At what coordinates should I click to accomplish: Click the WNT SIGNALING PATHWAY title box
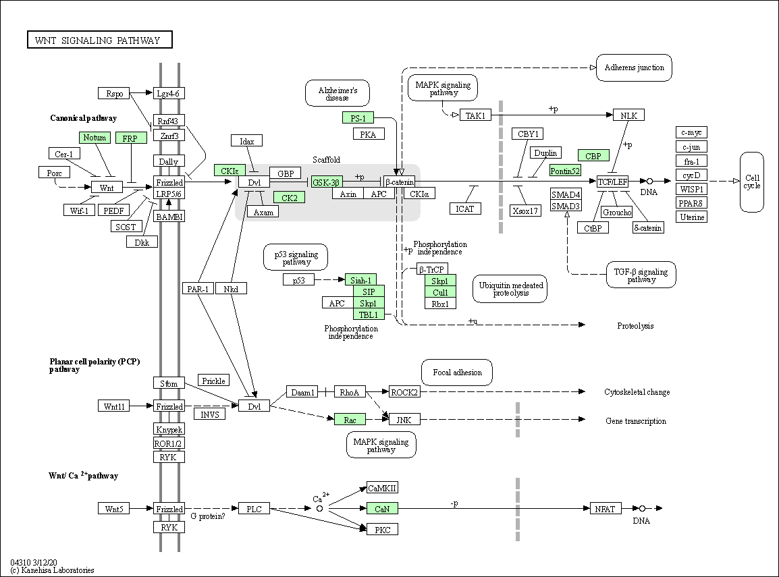click(100, 40)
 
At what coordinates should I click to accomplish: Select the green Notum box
click(95, 138)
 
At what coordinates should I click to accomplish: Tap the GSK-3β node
click(327, 182)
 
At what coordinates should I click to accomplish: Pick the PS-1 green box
click(358, 118)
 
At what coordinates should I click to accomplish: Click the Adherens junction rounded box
click(634, 67)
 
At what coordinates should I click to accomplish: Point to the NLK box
click(628, 115)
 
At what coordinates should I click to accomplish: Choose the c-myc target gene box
click(691, 132)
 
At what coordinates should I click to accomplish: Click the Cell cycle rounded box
click(752, 182)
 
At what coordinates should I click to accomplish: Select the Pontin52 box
click(565, 171)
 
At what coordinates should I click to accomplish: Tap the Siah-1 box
click(360, 280)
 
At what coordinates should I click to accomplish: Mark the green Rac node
click(350, 420)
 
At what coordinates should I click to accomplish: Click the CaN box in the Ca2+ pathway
click(382, 508)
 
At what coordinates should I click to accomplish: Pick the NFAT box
click(605, 508)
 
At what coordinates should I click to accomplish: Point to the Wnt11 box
click(114, 406)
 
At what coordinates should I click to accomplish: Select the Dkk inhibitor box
click(142, 242)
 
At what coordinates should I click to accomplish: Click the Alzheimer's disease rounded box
click(338, 93)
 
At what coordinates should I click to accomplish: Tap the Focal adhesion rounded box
click(457, 373)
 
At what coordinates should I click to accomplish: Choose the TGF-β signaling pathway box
click(641, 275)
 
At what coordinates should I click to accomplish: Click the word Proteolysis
click(635, 326)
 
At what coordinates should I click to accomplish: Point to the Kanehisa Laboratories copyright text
click(52, 570)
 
